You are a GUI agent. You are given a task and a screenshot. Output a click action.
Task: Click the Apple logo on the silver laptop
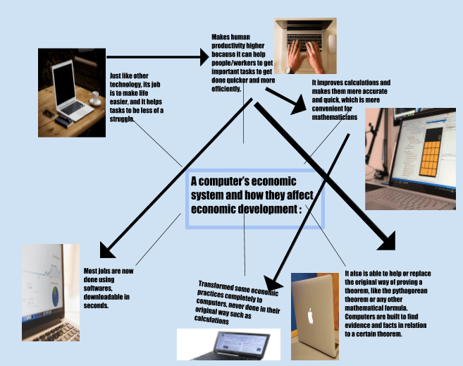[x=311, y=315]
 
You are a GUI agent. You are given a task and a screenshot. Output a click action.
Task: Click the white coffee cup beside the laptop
[x=95, y=99]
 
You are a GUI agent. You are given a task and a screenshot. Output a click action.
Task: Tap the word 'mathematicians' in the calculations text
[x=335, y=117]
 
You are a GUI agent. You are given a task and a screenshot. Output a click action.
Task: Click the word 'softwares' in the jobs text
[x=99, y=288]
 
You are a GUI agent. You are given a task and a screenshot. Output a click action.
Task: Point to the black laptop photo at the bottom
[x=228, y=344]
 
